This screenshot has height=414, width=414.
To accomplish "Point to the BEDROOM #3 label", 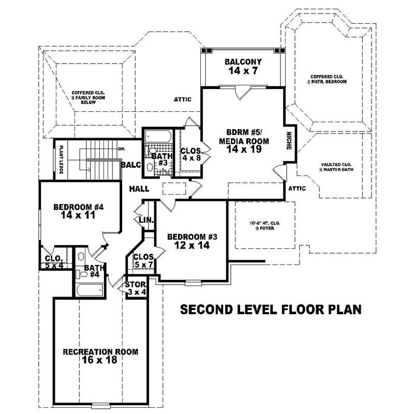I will tap(192, 242).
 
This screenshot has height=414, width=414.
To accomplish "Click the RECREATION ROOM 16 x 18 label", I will tap(100, 356).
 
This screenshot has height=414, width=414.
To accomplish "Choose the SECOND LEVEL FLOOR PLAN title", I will tap(270, 310).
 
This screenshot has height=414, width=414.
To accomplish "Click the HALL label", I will tap(139, 189).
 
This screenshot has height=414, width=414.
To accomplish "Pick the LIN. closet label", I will tap(146, 220).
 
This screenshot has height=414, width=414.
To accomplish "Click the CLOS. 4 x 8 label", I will tap(190, 155).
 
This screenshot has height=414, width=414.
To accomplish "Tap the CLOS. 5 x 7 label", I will tap(143, 261).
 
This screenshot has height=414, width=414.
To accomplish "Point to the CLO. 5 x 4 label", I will tap(54, 261).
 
